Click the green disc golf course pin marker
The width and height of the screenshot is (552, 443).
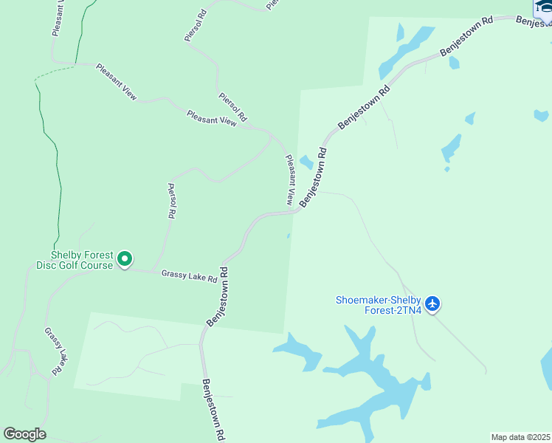click(125, 258)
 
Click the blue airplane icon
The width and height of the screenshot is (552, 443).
click(432, 303)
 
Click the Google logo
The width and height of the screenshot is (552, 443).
click(24, 434)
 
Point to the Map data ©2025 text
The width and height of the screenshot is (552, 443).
click(520, 437)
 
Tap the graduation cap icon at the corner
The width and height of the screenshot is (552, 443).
click(544, 6)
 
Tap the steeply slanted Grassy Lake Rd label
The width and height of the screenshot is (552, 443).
click(54, 349)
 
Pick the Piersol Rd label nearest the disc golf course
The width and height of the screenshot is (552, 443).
click(171, 201)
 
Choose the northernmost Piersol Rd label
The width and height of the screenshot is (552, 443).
click(196, 26)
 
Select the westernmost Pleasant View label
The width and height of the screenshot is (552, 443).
click(117, 81)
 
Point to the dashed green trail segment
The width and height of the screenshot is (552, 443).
click(55, 71)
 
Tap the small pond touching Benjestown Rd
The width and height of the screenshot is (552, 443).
click(306, 162)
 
